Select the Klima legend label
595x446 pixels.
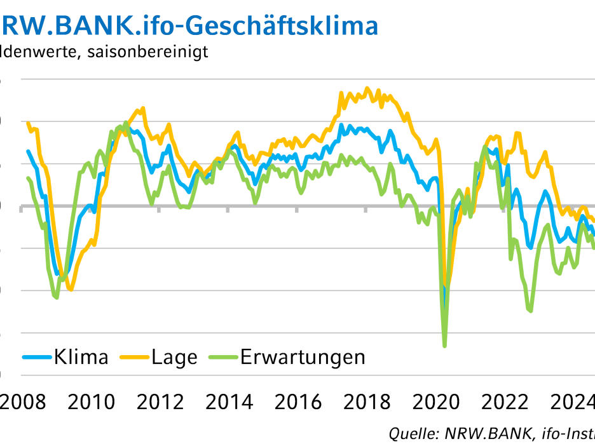[x=81, y=357]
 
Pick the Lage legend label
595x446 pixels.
[x=174, y=357]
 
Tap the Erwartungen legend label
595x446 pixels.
[x=303, y=357]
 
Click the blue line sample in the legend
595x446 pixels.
[x=37, y=357]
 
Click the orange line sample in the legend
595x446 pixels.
[x=134, y=357]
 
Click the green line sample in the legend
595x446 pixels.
[x=223, y=357]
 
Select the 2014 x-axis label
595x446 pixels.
[x=231, y=402]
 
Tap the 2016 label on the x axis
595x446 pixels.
[x=299, y=402]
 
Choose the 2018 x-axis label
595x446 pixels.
[x=368, y=402]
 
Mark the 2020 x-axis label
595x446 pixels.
[x=437, y=402]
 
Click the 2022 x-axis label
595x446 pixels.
[x=505, y=402]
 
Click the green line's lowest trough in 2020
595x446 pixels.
[x=444, y=346]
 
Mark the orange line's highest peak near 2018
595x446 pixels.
[x=367, y=88]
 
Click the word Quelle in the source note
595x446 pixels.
[x=407, y=434]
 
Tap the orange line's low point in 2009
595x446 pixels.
[x=71, y=290]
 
